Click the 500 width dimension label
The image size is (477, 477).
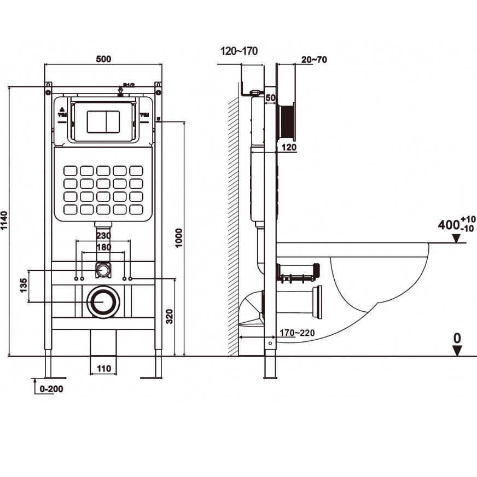(x=103, y=59)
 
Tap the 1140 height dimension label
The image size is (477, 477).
(x=5, y=220)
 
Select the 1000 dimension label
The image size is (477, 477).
(x=178, y=237)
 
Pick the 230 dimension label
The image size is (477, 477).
(x=103, y=236)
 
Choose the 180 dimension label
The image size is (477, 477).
(x=103, y=247)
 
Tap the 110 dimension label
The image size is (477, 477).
(x=103, y=369)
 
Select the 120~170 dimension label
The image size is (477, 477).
(x=238, y=51)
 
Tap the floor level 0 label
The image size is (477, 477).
(x=457, y=339)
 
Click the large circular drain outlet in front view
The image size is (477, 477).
(x=103, y=301)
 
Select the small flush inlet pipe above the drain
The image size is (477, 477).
(x=103, y=269)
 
